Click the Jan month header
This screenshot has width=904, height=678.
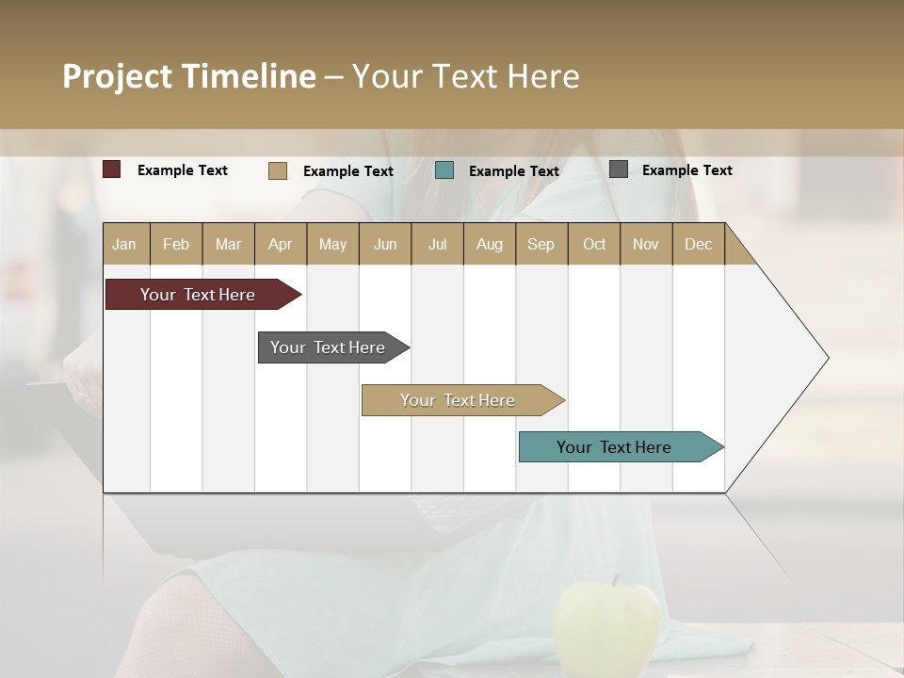(x=125, y=244)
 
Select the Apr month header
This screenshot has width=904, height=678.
(x=281, y=244)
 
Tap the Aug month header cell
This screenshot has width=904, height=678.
(x=489, y=244)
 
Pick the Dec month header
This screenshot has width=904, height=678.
(x=698, y=244)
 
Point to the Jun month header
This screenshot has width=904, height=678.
(x=385, y=244)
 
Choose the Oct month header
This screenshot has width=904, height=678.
(x=594, y=244)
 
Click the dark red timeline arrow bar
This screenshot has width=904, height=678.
(x=198, y=295)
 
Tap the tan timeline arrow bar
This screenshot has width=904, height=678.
(x=458, y=400)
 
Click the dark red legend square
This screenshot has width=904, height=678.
(x=112, y=169)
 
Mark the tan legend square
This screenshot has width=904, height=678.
(x=278, y=170)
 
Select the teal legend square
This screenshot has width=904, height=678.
(x=444, y=170)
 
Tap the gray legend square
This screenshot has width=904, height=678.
(x=619, y=169)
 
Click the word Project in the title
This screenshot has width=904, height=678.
(x=117, y=76)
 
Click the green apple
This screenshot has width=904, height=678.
(x=606, y=626)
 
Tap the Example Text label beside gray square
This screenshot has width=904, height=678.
(x=686, y=170)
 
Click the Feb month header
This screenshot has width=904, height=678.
(x=176, y=244)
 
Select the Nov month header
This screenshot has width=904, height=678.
(x=646, y=244)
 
